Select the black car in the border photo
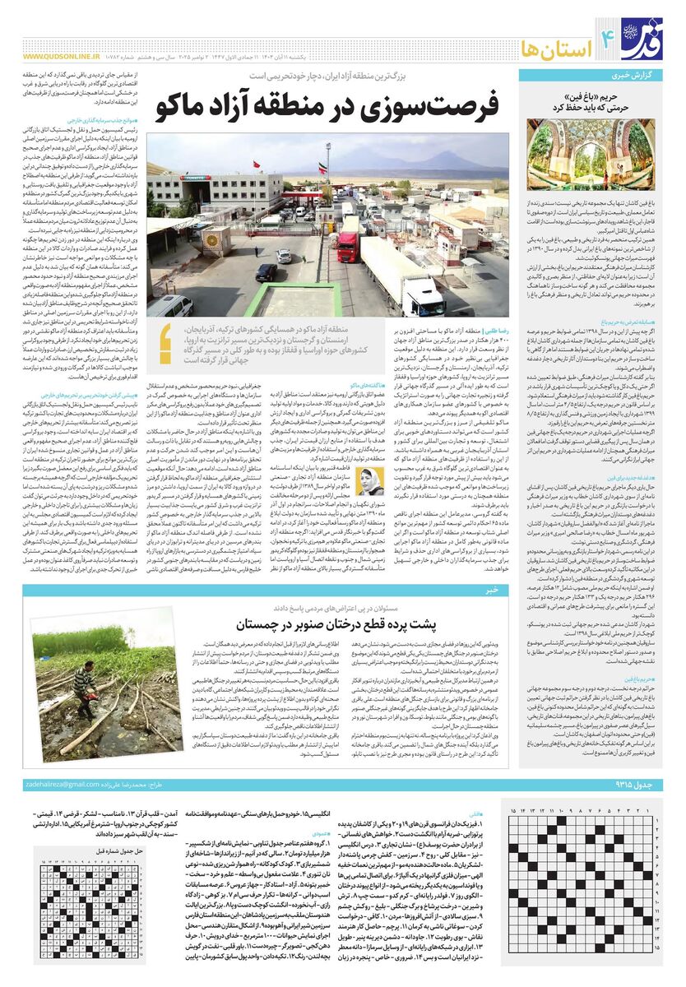(x=266, y=272)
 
